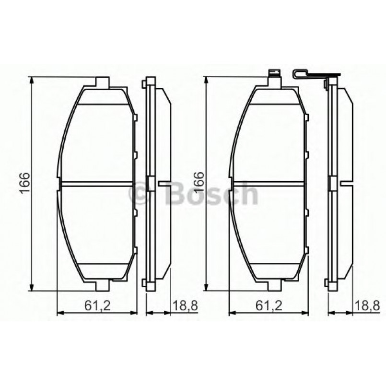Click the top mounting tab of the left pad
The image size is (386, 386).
[104, 82]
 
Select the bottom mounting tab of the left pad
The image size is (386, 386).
[103, 286]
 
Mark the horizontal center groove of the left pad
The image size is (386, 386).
[96, 183]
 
